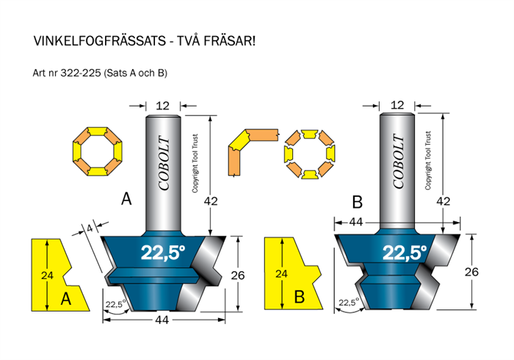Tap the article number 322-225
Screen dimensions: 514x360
point(81,73)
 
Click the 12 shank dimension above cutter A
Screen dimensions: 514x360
point(163,106)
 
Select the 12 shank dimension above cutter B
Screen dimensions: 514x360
point(397,105)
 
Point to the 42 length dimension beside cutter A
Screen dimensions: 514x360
point(211,201)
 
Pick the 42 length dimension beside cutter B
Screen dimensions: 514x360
point(444,201)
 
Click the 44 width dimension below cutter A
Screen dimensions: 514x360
point(162,320)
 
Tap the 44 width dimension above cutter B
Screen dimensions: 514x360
point(355,222)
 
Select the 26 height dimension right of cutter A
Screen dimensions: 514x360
point(238,276)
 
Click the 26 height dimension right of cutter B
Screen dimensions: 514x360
point(471,272)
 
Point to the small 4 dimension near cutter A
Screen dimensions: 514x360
point(90,228)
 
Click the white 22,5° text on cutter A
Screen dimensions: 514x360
point(163,253)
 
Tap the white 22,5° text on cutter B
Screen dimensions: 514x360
point(405,253)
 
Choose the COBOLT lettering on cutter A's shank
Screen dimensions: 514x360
point(164,163)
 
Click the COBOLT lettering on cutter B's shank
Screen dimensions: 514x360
point(398,162)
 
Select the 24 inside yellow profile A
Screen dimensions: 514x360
point(47,276)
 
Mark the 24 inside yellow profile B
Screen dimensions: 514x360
point(281,274)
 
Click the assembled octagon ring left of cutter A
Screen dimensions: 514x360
point(98,151)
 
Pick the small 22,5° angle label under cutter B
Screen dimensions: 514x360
point(349,302)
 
